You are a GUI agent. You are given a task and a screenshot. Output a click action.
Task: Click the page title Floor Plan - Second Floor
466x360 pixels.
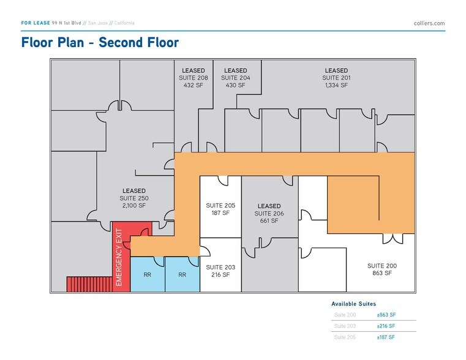(100, 42)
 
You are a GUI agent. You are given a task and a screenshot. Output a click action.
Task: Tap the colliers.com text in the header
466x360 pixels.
(429, 23)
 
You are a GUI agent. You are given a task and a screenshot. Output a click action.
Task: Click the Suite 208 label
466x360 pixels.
(194, 78)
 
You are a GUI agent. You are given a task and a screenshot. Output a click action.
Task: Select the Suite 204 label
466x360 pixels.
(235, 78)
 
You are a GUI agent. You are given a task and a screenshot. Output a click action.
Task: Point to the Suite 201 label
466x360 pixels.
(336, 78)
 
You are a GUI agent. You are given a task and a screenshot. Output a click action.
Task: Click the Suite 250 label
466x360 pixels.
(134, 198)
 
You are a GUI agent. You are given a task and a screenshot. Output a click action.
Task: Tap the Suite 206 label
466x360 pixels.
(269, 213)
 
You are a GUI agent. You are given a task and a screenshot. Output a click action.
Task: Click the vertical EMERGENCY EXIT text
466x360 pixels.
(119, 257)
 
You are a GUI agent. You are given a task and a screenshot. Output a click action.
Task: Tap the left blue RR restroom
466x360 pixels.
(148, 275)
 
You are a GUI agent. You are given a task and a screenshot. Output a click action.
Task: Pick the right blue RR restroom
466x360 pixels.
(182, 275)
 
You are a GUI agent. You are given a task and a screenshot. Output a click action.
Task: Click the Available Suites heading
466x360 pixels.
(353, 304)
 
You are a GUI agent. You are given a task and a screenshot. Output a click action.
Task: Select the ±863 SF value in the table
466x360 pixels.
(386, 315)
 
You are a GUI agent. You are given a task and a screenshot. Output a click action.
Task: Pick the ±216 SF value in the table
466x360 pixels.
(386, 326)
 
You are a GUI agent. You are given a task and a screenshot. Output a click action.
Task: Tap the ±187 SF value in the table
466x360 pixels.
(386, 337)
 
